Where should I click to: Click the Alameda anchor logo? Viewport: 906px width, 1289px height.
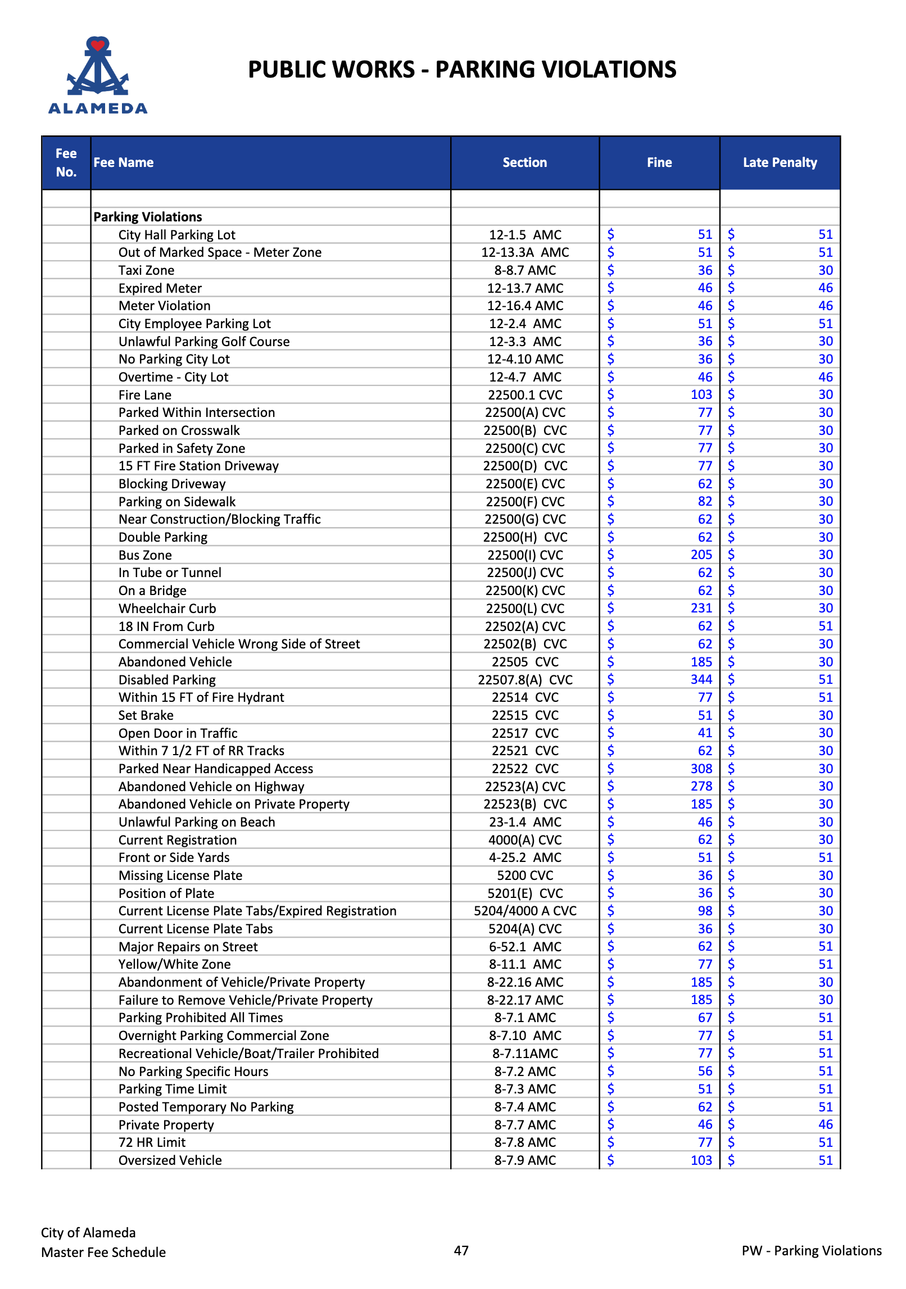[x=98, y=75]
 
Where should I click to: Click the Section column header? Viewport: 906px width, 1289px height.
[x=524, y=162]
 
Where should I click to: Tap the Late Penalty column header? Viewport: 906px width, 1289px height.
[x=780, y=162]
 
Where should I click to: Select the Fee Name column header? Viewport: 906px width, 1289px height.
[x=124, y=162]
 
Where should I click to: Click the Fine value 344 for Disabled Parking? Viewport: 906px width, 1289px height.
[x=701, y=679]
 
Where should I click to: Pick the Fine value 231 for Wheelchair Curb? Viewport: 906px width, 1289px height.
[x=701, y=608]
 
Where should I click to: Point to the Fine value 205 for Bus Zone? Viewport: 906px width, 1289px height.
[x=701, y=555]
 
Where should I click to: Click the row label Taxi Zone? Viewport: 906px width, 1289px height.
[x=146, y=270]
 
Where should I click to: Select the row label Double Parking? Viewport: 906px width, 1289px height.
[x=163, y=537]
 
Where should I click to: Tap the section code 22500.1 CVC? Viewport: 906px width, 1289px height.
[x=525, y=395]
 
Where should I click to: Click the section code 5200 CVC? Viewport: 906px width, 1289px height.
[x=525, y=875]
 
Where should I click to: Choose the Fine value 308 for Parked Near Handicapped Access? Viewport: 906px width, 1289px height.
[x=701, y=769]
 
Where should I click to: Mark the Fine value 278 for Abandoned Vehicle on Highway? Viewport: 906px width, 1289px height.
[x=701, y=786]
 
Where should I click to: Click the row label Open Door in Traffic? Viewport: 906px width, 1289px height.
[x=178, y=733]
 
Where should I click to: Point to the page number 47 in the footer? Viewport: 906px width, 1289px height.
[x=461, y=1250]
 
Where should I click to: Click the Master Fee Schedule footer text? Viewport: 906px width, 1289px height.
[x=103, y=1252]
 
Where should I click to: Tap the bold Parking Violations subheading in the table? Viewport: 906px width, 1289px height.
[x=148, y=217]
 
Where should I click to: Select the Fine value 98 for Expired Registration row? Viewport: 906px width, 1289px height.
[x=705, y=911]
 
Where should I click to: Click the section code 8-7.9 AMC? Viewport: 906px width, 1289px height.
[x=525, y=1160]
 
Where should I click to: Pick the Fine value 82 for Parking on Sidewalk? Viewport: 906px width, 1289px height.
[x=705, y=501]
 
